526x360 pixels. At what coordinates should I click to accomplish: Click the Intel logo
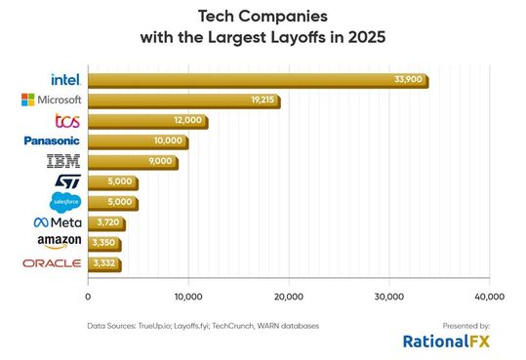(x=66, y=79)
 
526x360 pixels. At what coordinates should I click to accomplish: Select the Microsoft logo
(x=53, y=100)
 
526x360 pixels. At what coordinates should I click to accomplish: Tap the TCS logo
(x=67, y=121)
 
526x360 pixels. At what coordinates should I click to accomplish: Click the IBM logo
(x=65, y=162)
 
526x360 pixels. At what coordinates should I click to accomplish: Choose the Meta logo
(x=60, y=223)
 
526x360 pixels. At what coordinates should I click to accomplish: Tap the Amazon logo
(x=60, y=242)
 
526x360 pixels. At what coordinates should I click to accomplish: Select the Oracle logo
(x=53, y=263)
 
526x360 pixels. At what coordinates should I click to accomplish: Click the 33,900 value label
(x=408, y=79)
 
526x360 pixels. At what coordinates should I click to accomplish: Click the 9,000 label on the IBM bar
(x=159, y=162)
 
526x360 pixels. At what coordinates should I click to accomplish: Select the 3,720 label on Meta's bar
(x=105, y=223)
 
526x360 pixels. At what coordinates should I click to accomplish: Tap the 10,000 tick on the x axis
(x=187, y=297)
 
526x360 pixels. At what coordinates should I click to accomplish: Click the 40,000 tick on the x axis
(x=488, y=297)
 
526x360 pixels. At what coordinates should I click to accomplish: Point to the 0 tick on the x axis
(x=88, y=297)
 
